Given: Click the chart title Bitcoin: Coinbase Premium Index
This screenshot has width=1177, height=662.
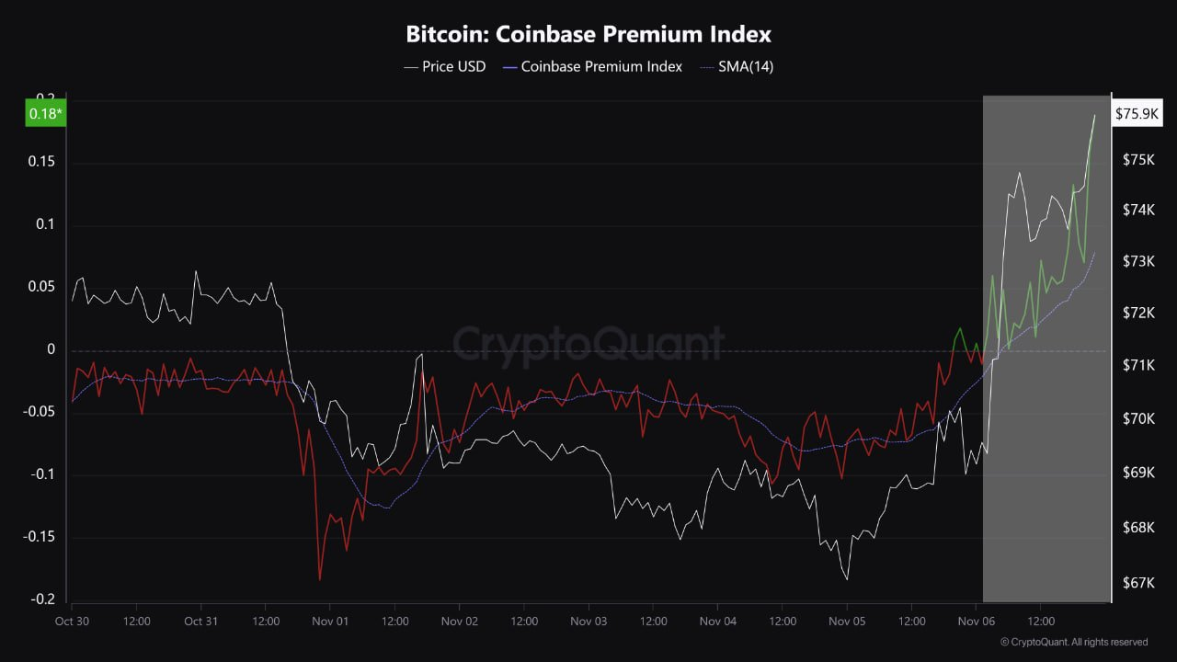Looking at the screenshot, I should [588, 35].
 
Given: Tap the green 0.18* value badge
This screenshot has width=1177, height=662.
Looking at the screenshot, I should [46, 114].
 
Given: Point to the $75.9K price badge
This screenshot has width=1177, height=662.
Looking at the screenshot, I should [1137, 114].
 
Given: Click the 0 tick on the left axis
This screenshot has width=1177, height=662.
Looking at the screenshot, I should [51, 350].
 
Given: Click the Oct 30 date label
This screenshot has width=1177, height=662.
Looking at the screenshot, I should [72, 622].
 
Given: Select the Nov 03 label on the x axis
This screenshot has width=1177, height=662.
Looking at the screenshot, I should [588, 622].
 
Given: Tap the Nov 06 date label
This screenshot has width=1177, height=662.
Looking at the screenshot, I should [977, 622].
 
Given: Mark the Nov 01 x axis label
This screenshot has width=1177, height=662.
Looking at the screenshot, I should [330, 622].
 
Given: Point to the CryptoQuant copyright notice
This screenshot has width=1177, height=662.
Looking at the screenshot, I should [1073, 642].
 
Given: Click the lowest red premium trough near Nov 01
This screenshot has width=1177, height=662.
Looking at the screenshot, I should [320, 579].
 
